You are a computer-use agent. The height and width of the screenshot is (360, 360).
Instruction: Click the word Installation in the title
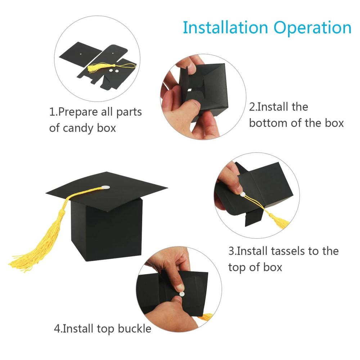tap(225, 28)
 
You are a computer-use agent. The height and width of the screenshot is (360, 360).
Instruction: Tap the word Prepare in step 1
tap(78, 112)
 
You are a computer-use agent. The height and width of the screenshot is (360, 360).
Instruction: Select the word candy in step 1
tap(78, 129)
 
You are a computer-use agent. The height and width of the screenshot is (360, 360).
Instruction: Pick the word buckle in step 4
tap(135, 329)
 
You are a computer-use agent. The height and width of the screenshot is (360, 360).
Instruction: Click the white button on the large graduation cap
tap(105, 187)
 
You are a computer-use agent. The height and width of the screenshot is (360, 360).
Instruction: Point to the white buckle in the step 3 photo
tap(243, 195)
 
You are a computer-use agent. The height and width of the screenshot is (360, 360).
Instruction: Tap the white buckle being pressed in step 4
tap(182, 294)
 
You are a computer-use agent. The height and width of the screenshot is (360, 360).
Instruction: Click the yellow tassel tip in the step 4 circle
tap(205, 317)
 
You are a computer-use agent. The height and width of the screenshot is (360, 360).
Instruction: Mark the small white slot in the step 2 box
tap(190, 90)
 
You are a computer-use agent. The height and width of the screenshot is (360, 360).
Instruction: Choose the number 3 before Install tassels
tap(231, 251)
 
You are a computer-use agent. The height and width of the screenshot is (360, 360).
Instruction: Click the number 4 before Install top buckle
tap(57, 329)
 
